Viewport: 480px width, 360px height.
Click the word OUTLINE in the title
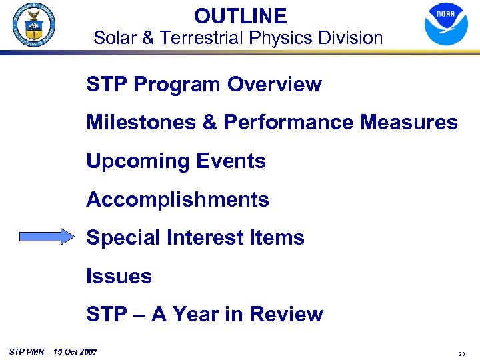tap(240, 16)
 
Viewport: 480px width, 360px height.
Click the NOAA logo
tap(446, 24)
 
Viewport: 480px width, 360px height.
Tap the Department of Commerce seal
tap(33, 25)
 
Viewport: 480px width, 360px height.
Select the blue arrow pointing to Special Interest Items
tap(47, 237)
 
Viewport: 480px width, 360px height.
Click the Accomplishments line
tap(177, 200)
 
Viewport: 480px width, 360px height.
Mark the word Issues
tap(119, 276)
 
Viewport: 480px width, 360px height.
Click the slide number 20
tap(461, 354)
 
